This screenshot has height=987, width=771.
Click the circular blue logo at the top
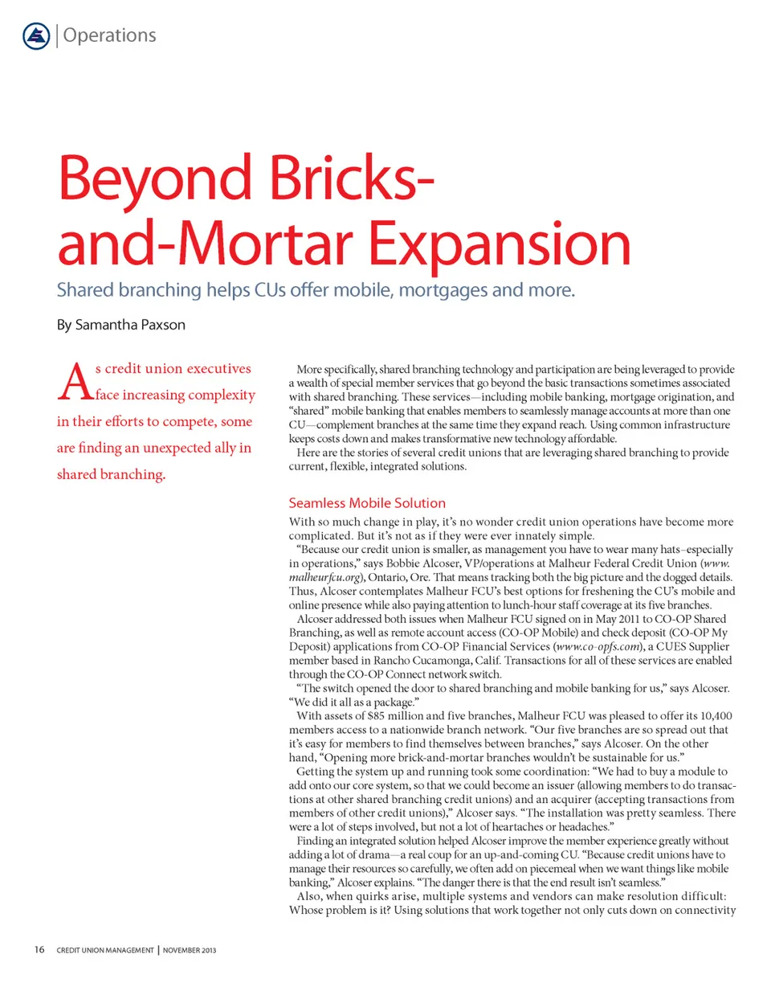click(36, 35)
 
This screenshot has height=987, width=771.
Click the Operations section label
click(108, 35)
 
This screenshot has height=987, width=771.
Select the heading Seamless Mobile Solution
click(366, 503)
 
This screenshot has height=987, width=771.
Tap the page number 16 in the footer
click(39, 951)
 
